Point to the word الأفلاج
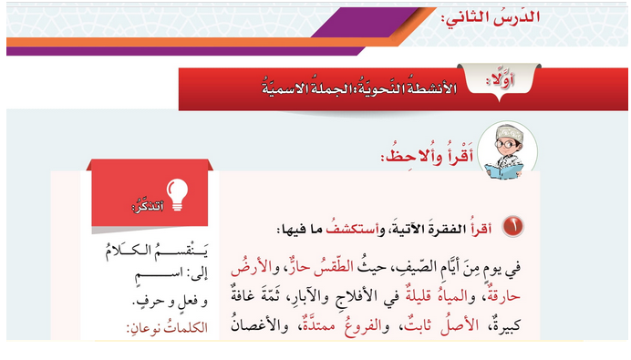(352, 297)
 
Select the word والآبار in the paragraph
(301, 297)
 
